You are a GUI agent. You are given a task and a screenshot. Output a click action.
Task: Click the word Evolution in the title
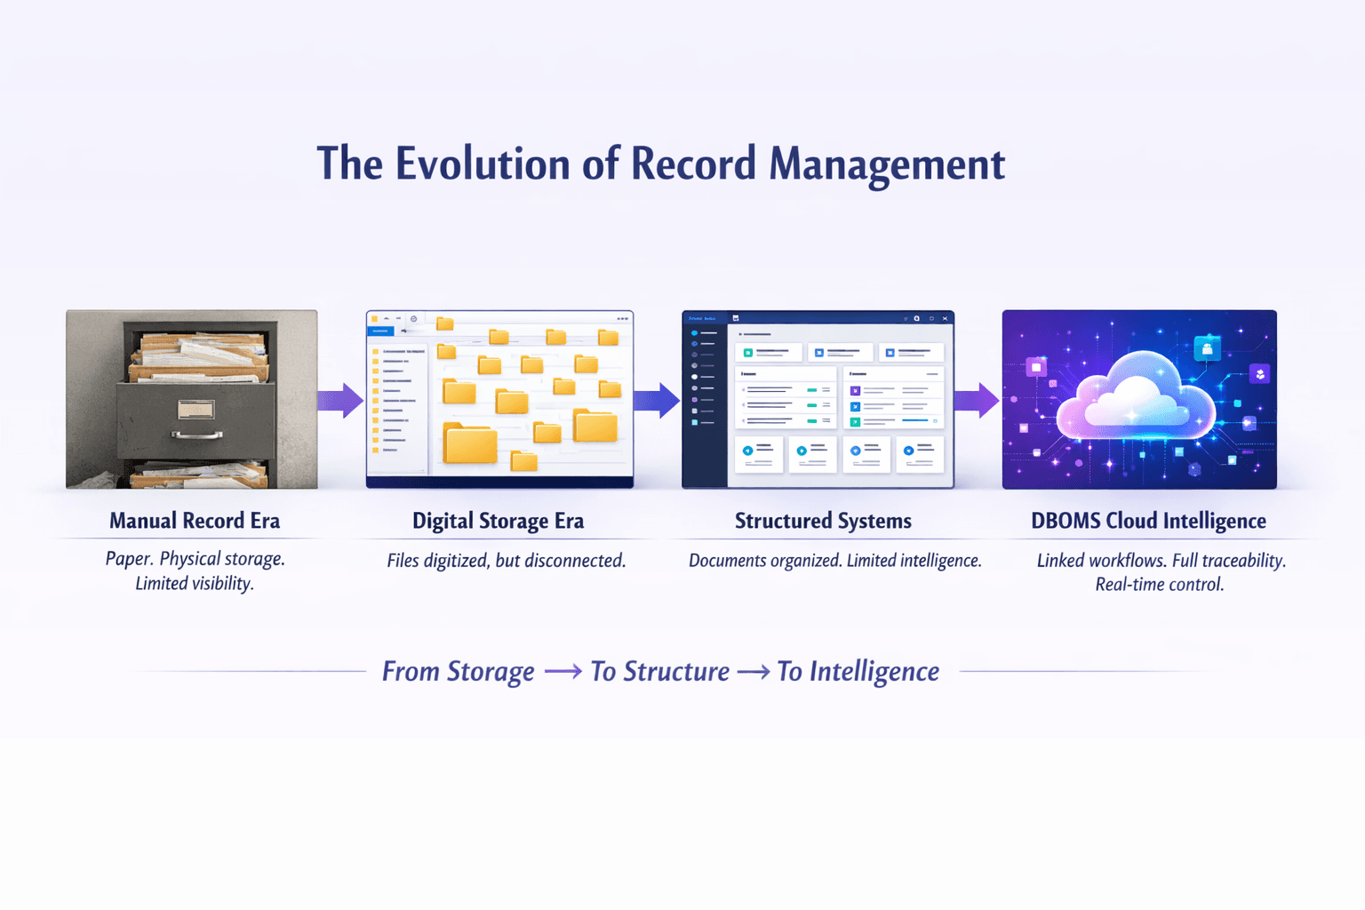[483, 164]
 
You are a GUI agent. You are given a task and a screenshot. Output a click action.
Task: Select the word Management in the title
[886, 164]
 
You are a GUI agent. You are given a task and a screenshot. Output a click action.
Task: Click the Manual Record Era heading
[195, 521]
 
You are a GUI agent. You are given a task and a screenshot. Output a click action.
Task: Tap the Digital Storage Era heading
[498, 521]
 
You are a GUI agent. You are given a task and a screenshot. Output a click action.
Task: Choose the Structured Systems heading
[823, 521]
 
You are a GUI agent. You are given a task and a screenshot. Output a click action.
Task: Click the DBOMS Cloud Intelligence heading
[1148, 521]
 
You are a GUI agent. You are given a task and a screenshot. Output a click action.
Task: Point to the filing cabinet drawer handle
[197, 435]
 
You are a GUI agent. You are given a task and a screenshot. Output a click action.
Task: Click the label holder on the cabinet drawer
[196, 409]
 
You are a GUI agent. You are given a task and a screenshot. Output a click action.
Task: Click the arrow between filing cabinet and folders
[341, 401]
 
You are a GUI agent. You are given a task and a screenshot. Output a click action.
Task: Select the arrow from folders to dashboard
[658, 401]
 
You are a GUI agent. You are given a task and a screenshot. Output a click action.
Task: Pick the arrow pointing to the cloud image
[977, 401]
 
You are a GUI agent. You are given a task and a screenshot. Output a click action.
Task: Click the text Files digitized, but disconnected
[506, 561]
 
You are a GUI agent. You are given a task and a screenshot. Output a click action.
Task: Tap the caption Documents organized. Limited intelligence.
[834, 561]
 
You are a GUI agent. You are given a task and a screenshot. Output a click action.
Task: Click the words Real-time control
[1159, 585]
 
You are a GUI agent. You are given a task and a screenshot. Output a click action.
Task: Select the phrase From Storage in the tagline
[458, 671]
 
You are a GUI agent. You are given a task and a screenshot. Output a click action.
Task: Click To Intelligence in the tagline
[858, 671]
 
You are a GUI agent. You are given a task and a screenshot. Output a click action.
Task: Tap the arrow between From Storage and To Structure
[563, 672]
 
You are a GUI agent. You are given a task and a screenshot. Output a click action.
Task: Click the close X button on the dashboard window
[945, 318]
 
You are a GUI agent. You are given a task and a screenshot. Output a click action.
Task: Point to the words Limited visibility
[195, 584]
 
